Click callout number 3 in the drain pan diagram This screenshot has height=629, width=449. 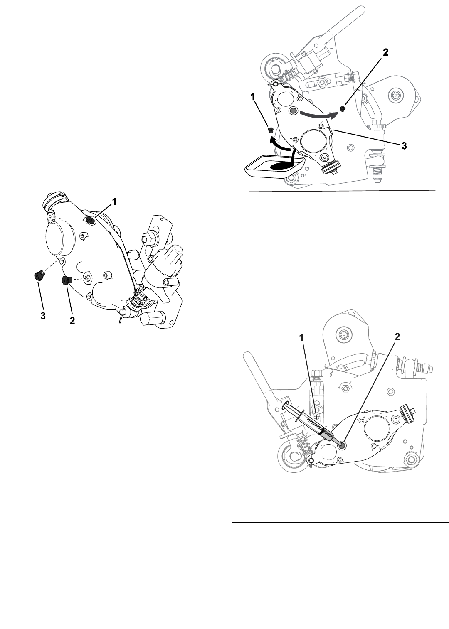point(404,145)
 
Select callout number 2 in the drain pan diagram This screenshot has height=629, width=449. point(386,52)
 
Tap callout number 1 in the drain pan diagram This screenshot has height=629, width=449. point(253,97)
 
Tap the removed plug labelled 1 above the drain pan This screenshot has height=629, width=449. point(271,130)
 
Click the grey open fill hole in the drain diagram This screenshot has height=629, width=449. point(294,111)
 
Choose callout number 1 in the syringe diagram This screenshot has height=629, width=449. point(302,337)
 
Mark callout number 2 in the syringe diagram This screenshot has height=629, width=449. point(397,337)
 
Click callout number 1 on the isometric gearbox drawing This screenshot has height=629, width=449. point(114,201)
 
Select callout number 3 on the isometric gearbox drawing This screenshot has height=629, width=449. point(43,316)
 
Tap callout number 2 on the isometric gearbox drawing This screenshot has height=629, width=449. point(72,320)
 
